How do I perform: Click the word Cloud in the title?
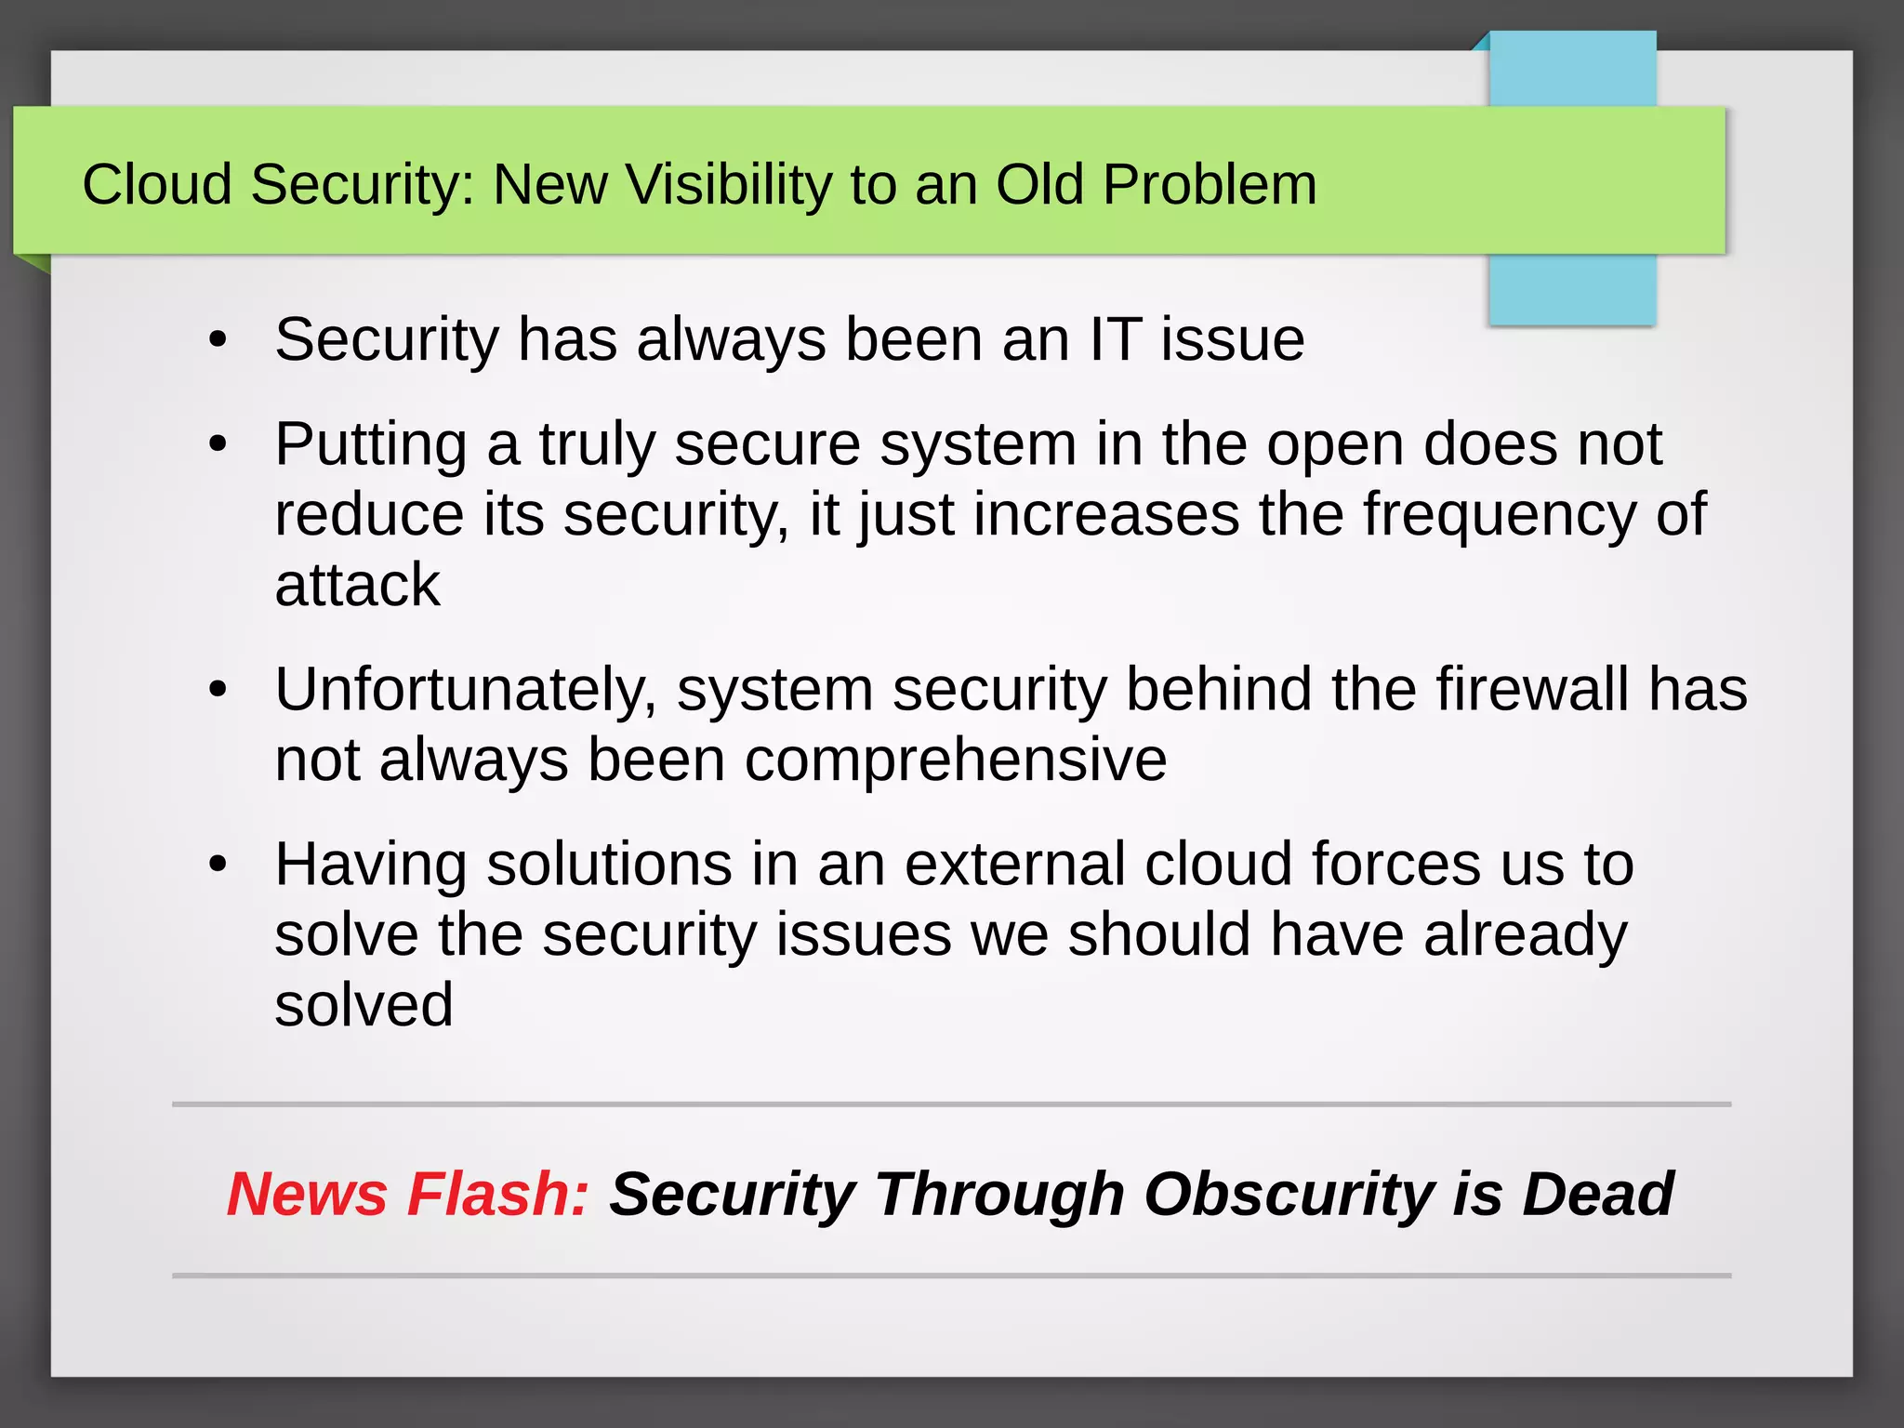coord(156,184)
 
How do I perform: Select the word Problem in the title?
coord(1210,184)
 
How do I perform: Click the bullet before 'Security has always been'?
coord(218,340)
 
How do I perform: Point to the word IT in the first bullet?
coord(1115,339)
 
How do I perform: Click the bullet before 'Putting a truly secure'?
coord(218,444)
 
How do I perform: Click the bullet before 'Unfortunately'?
coord(218,690)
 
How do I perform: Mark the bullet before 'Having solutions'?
coord(218,865)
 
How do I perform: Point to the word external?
coord(1014,864)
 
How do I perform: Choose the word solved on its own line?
coord(364,1005)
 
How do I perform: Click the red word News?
coord(307,1194)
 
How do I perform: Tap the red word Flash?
coord(498,1194)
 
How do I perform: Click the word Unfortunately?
coord(466,690)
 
